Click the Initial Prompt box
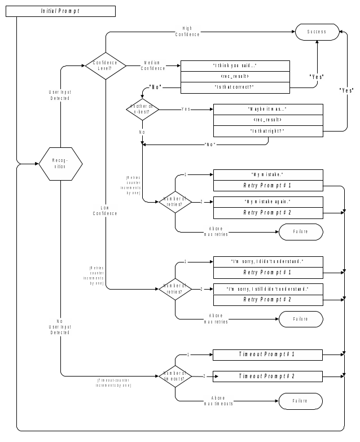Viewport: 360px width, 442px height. tap(60, 11)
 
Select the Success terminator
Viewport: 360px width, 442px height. tap(317, 32)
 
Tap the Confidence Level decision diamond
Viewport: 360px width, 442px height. tap(106, 65)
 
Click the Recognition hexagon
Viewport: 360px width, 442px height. tap(60, 164)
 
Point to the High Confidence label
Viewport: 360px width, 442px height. tap(187, 32)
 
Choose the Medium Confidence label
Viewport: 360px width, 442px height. tap(153, 65)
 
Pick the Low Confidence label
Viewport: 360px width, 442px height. tap(105, 211)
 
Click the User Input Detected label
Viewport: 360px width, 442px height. tap(60, 95)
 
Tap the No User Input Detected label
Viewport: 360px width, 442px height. tap(60, 327)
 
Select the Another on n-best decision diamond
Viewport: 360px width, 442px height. tap(142, 108)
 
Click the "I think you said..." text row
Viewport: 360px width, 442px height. tap(235, 65)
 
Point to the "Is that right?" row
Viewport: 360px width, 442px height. tap(267, 130)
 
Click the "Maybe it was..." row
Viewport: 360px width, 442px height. tap(267, 109)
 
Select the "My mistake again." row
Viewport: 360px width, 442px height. tap(267, 202)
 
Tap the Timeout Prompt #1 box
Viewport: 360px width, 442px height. tap(267, 355)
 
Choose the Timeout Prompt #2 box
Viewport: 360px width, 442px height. tap(267, 376)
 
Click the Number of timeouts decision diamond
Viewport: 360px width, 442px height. tap(175, 376)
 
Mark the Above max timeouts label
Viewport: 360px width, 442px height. tap(218, 401)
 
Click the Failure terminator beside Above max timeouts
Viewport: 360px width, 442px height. tap(301, 401)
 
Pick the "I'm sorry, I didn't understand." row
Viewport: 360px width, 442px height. tap(267, 261)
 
